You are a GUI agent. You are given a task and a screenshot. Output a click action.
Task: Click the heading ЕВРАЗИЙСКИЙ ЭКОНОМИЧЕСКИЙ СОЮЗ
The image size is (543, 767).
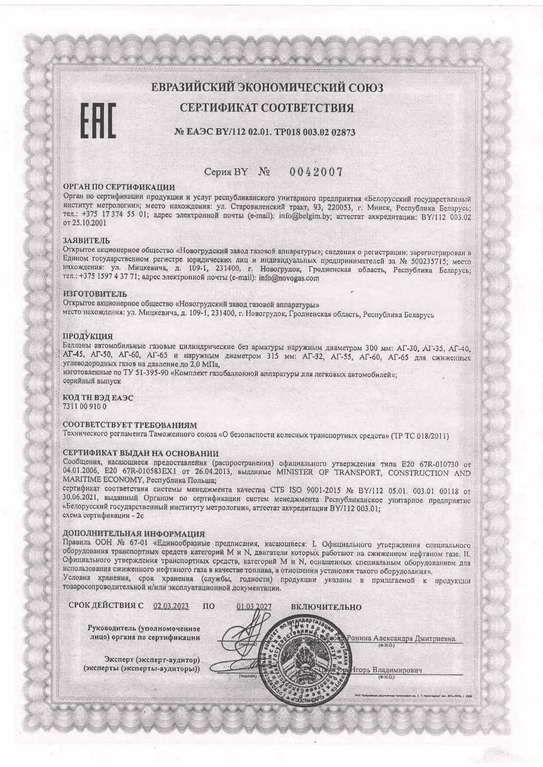click(267, 88)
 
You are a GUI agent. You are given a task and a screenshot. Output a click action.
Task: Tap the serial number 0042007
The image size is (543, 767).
click(316, 172)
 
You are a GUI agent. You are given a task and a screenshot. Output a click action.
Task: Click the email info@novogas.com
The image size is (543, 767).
click(289, 278)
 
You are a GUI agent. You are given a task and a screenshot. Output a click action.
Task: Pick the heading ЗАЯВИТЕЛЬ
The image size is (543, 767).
click(86, 240)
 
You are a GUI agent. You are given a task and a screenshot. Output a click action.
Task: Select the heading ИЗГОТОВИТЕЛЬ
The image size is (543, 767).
click(95, 294)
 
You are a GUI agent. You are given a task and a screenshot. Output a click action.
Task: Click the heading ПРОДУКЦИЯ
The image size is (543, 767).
click(88, 336)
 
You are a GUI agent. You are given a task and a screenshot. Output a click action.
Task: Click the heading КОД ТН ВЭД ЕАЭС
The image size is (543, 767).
click(98, 398)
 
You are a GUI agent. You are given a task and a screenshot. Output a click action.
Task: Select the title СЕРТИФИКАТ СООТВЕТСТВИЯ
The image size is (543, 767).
click(267, 108)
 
